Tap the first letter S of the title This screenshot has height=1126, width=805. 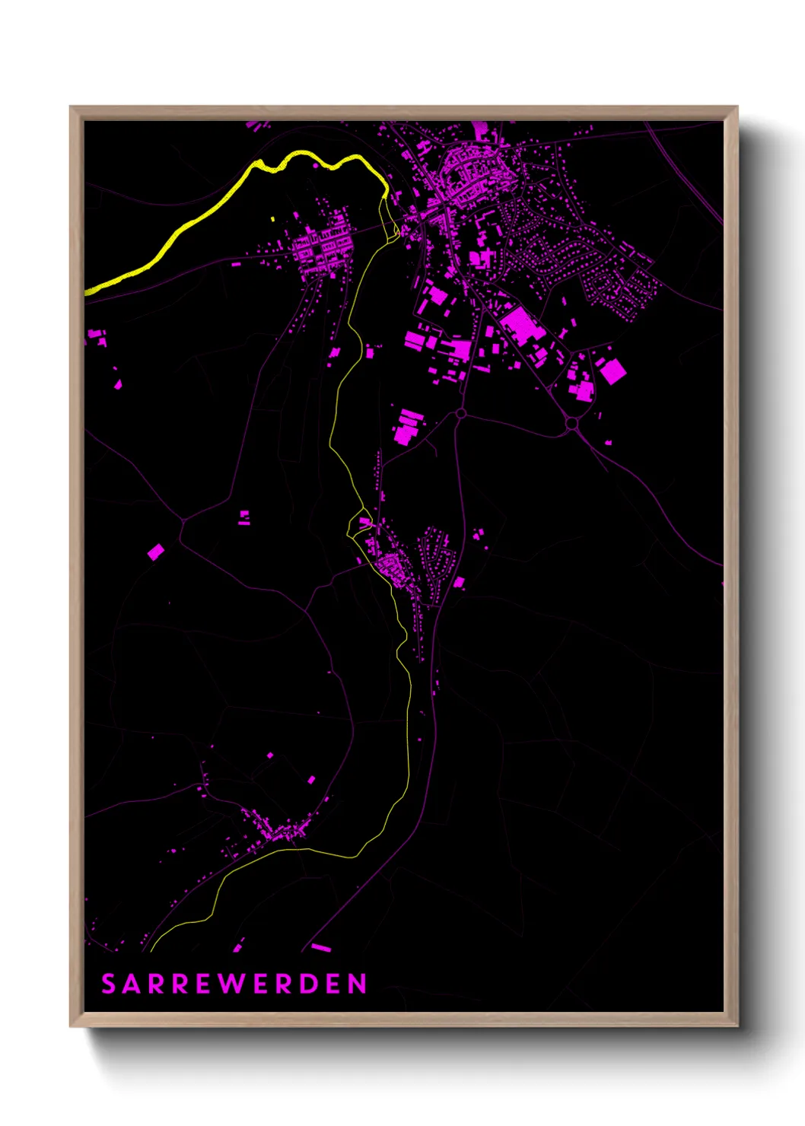coord(108,984)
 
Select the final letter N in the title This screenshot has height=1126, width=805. coord(358,984)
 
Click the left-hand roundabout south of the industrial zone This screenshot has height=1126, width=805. coord(460,413)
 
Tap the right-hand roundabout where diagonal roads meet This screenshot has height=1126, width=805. coord(571,423)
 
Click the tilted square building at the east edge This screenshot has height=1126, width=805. coord(612,371)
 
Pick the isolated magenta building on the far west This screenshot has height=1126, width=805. coord(155,552)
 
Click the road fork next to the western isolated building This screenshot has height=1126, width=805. coord(182,522)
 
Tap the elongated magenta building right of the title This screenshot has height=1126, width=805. coord(321,947)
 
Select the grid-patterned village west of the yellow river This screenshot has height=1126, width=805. coord(322,245)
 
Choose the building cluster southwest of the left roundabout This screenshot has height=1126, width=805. coord(407,426)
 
